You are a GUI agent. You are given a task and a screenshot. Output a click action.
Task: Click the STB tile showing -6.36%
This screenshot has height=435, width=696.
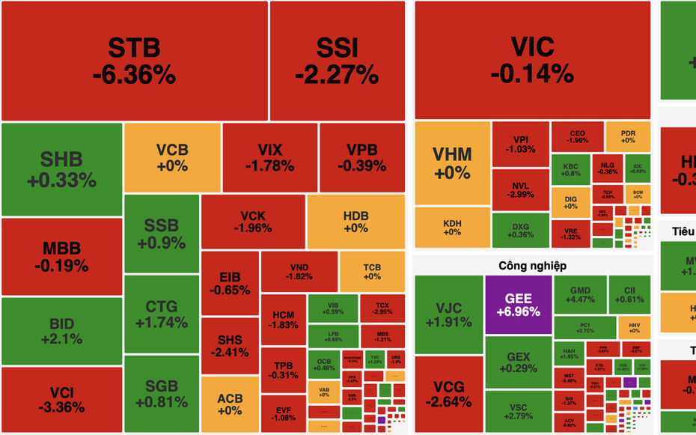click(134, 61)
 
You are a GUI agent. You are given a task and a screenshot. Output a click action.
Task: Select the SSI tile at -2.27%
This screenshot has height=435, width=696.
click(336, 61)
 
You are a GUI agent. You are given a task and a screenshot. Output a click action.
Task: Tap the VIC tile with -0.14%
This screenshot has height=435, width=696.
click(532, 60)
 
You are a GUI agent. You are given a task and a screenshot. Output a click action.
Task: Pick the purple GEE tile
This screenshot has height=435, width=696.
click(518, 304)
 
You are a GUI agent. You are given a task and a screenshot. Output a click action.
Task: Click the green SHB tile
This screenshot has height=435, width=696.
click(61, 169)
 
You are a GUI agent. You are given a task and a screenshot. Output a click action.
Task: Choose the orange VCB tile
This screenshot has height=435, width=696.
click(172, 156)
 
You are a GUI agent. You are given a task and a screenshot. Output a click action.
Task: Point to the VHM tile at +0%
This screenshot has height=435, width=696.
click(452, 163)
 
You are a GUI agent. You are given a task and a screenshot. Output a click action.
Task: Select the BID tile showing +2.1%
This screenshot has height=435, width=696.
click(61, 331)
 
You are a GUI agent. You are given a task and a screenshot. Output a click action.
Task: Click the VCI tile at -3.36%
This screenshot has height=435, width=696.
click(61, 400)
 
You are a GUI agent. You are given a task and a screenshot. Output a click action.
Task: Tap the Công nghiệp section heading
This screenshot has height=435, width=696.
click(532, 266)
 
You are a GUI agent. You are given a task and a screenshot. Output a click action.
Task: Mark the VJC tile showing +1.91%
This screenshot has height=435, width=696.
click(448, 314)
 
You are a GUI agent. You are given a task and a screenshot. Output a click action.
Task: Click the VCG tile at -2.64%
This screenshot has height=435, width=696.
click(448, 394)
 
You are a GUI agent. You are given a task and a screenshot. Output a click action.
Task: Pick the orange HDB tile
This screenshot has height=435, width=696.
click(355, 222)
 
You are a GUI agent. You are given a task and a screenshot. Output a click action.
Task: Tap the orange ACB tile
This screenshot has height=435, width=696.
click(230, 404)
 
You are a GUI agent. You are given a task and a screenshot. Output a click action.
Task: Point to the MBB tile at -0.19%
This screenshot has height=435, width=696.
click(61, 256)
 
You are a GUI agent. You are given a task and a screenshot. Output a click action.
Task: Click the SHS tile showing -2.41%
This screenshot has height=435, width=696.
click(230, 346)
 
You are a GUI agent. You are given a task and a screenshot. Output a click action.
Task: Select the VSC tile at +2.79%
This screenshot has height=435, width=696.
click(518, 410)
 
